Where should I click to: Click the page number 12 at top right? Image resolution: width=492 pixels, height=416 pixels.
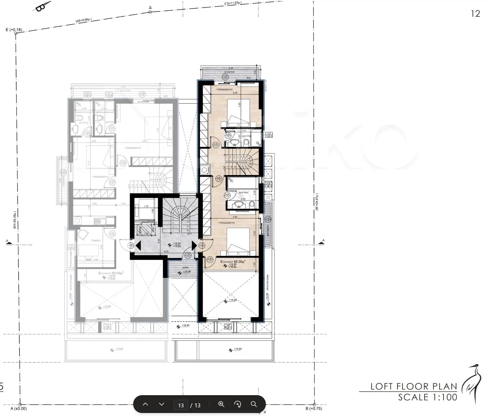(x=475, y=14)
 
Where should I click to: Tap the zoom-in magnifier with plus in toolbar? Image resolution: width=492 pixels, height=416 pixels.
(x=221, y=404)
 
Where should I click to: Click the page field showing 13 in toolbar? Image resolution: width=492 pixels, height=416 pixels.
(x=181, y=405)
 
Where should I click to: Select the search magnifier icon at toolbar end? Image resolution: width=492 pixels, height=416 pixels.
(x=254, y=404)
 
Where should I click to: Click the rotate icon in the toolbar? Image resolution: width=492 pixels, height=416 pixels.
(x=237, y=404)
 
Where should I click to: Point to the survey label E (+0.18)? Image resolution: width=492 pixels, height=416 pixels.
(x=14, y=30)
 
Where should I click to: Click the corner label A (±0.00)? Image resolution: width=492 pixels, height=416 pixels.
(x=19, y=408)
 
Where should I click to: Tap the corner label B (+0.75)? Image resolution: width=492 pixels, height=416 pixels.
(x=314, y=408)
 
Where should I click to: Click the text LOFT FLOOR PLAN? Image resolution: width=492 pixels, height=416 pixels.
(x=413, y=386)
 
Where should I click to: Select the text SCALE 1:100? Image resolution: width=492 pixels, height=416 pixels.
(x=427, y=397)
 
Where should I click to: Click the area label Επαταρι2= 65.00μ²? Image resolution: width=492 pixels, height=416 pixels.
(x=233, y=262)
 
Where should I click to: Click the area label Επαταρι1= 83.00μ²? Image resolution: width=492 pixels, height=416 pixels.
(x=111, y=273)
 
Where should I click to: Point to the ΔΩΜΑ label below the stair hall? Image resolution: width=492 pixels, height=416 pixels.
(x=185, y=268)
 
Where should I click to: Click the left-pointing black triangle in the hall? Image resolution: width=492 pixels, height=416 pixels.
(x=138, y=246)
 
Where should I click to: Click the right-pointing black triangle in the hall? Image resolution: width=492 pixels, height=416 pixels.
(x=194, y=246)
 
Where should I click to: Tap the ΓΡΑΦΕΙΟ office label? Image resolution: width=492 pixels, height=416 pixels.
(x=96, y=240)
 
